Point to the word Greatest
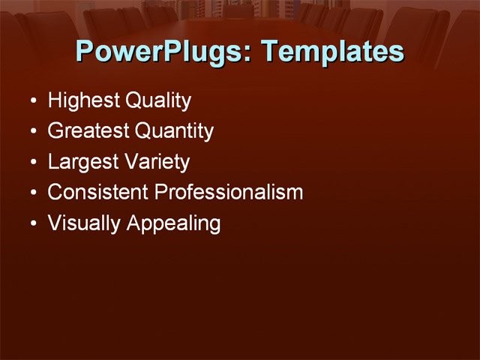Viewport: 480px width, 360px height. (x=88, y=131)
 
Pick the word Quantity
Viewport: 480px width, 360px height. (x=174, y=131)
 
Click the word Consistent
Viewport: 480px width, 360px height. (x=98, y=192)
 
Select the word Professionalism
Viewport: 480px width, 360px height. (x=229, y=192)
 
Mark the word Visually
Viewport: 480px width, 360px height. (x=83, y=223)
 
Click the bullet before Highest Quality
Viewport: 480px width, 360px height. (x=32, y=101)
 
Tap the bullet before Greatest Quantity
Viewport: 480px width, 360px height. (x=32, y=132)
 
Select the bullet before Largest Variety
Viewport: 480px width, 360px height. (x=32, y=163)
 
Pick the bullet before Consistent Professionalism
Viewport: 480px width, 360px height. (x=32, y=193)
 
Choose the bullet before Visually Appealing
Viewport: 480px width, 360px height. (x=32, y=224)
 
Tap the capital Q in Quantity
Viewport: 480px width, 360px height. (x=142, y=131)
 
